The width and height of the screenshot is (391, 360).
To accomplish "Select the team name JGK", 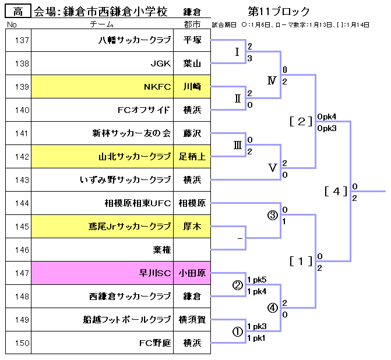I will (160, 63).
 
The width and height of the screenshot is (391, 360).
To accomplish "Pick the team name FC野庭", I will (155, 343).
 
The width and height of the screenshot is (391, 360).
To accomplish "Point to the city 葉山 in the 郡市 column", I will (192, 63).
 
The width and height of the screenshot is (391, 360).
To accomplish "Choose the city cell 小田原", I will (192, 273).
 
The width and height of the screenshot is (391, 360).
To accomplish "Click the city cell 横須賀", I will (192, 320).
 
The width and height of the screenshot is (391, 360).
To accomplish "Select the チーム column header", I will (102, 24).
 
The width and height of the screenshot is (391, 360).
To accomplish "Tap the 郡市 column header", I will (192, 24).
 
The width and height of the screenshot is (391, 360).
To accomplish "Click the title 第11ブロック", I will (279, 11).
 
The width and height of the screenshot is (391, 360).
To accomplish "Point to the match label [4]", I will (336, 190).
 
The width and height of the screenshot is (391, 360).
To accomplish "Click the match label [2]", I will (301, 121).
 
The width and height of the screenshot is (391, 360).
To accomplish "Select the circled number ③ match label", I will (272, 215).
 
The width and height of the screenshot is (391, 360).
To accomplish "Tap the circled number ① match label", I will (237, 331).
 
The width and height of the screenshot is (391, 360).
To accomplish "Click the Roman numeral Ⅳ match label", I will (272, 80).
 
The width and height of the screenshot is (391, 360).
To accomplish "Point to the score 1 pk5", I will (256, 280).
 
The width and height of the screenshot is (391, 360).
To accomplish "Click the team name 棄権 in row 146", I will (161, 250).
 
